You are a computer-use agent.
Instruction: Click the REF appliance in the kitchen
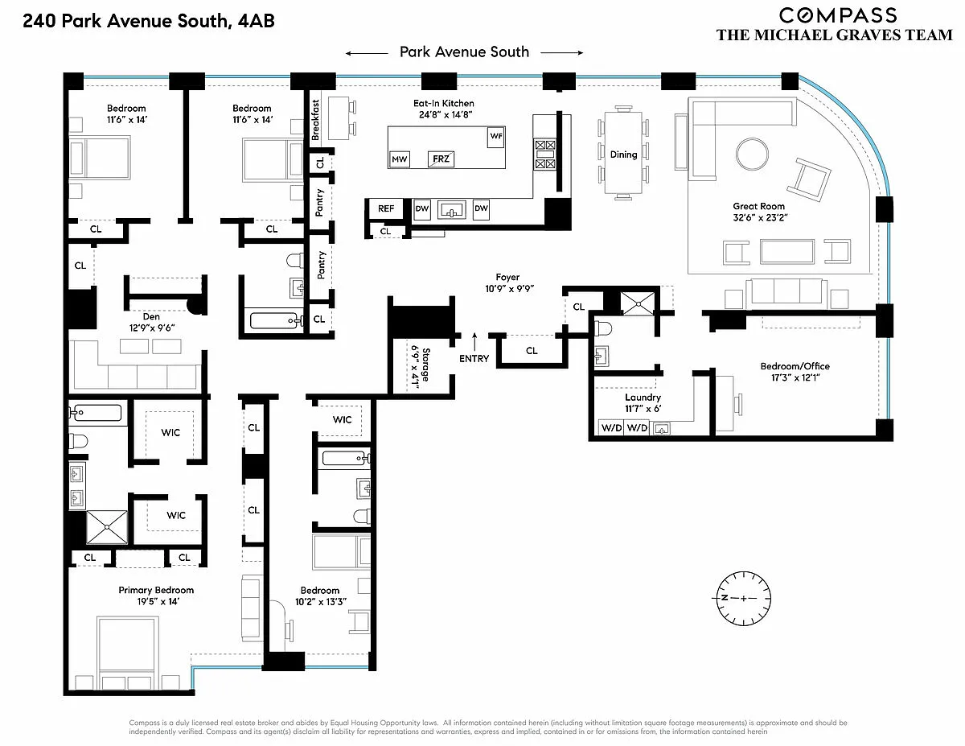click(x=385, y=208)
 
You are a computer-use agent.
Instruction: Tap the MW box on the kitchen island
click(x=399, y=159)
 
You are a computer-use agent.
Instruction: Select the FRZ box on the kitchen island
click(x=441, y=159)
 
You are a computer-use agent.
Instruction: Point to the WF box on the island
click(x=496, y=136)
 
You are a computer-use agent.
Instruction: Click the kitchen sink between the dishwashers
click(x=451, y=209)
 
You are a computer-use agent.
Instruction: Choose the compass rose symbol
click(x=743, y=598)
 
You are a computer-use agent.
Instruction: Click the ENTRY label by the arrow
click(x=474, y=359)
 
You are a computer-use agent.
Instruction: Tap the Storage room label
click(x=425, y=365)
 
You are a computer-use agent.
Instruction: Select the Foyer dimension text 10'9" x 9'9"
click(x=509, y=289)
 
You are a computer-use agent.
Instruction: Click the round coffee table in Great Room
click(x=752, y=154)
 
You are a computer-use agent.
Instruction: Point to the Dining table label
click(x=623, y=155)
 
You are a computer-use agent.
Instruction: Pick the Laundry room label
click(x=643, y=398)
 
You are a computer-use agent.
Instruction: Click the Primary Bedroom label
click(x=156, y=590)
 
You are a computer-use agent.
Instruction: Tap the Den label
click(x=151, y=317)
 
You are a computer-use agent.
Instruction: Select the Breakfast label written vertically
click(x=315, y=120)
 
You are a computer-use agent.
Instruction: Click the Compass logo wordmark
click(x=838, y=15)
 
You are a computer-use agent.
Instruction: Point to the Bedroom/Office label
click(x=795, y=366)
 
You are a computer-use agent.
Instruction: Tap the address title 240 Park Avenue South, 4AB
click(x=149, y=21)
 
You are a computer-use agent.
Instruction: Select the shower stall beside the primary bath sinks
click(x=107, y=527)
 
